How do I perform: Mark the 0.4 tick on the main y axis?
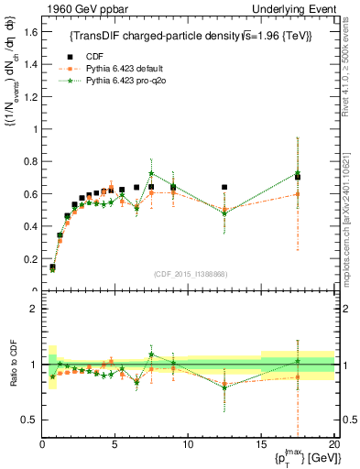click(32, 226)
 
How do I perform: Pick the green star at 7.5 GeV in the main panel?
click(151, 173)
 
